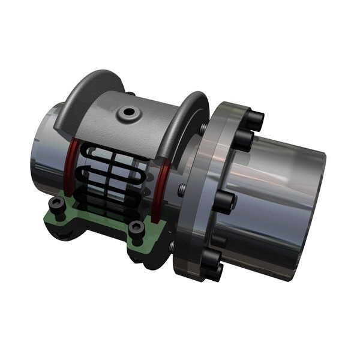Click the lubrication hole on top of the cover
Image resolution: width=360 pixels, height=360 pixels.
[127, 112]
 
